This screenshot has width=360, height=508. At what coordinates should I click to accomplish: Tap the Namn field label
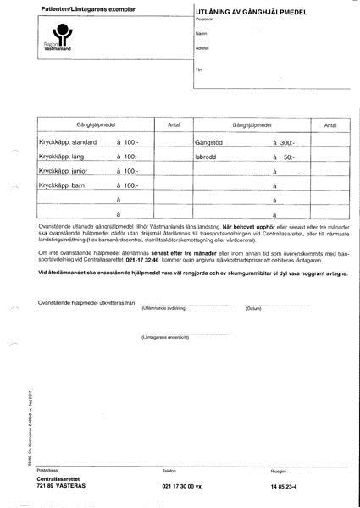(x=201, y=32)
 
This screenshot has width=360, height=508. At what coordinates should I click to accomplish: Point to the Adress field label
(x=202, y=48)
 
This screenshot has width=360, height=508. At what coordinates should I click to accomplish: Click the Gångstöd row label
(x=208, y=141)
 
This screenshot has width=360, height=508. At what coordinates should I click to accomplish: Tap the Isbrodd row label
(x=207, y=157)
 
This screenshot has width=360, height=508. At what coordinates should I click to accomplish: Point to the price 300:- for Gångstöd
(x=288, y=141)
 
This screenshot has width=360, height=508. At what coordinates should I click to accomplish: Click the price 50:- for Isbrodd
(x=290, y=157)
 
